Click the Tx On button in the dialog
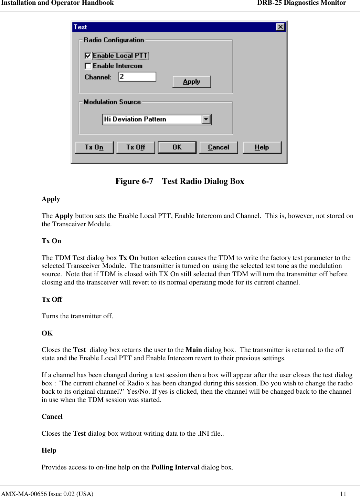coord(94,147)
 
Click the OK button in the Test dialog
coord(177,147)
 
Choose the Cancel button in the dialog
coord(219,147)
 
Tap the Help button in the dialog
coord(262,147)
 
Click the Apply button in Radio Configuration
coord(191,82)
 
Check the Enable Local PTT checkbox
coord(88,56)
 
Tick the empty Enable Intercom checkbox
coord(88,66)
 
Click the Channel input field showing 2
coord(137,76)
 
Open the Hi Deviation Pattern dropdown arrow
coord(206,119)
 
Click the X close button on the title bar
coord(280,27)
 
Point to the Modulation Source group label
coord(112,102)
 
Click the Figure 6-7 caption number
coord(134,181)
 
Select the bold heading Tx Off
coord(52,299)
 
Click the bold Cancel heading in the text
coord(52,416)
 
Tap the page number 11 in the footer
coord(343,494)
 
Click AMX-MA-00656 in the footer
coord(24,494)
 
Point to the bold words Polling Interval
coord(175,467)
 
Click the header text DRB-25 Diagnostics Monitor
coord(301,3)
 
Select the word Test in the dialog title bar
coord(80,27)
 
